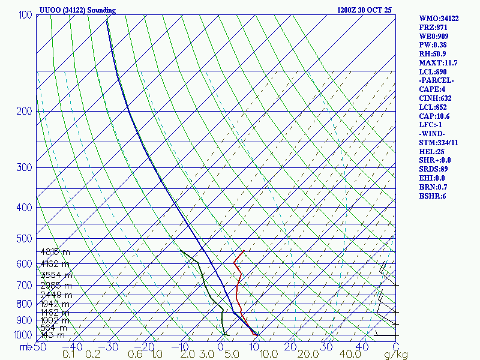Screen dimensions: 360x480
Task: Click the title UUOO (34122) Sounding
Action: [77, 10]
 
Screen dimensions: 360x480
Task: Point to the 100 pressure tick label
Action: [25, 15]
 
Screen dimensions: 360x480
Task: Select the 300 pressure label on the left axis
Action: [24, 167]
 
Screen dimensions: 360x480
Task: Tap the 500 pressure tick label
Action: [24, 239]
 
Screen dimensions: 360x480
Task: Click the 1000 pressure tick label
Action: [22, 335]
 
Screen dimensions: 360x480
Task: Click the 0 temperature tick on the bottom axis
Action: [221, 346]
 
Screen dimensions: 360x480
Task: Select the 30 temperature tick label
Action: [328, 346]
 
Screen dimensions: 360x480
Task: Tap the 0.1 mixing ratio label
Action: [69, 355]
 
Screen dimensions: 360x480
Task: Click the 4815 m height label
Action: [55, 252]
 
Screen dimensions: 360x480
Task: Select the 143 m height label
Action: [53, 335]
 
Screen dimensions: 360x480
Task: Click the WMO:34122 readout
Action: [439, 19]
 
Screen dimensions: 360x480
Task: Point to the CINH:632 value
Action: [436, 98]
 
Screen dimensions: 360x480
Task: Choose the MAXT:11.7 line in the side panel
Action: [438, 63]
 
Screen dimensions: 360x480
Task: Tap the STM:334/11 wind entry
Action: [439, 143]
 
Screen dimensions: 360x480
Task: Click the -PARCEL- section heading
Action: [437, 80]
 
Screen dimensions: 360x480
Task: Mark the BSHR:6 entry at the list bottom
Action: [432, 196]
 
